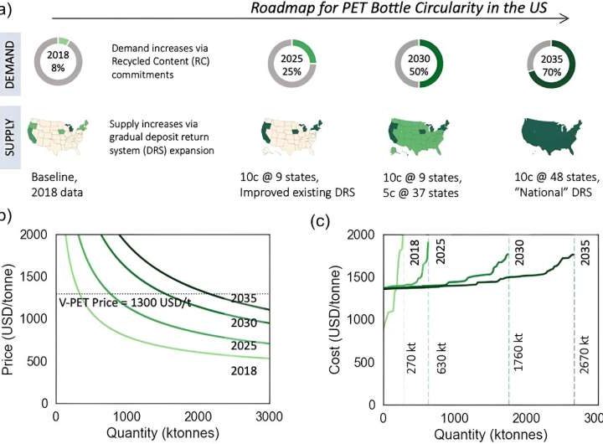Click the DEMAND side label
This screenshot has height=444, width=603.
[11, 62]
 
